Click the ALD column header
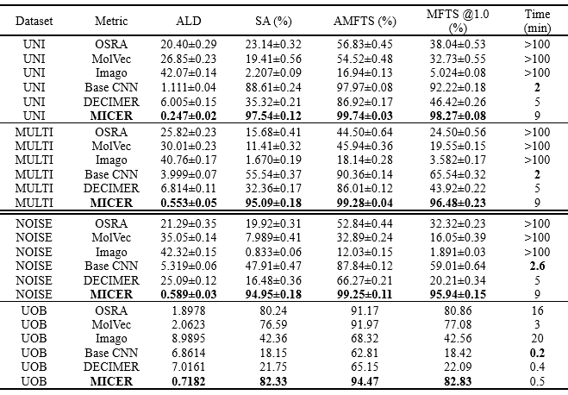click(x=189, y=21)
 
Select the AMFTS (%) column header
click(x=365, y=21)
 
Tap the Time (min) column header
click(x=537, y=21)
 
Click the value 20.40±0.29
click(x=189, y=44)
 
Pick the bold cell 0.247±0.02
click(x=189, y=116)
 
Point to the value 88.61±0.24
click(x=273, y=87)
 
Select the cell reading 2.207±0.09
click(x=273, y=72)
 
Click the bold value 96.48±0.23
click(x=458, y=203)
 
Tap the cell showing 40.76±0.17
click(x=189, y=160)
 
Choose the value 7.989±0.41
click(x=273, y=237)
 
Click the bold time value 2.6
click(x=537, y=266)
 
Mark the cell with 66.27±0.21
click(x=365, y=280)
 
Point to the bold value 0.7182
click(x=189, y=381)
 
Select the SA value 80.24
click(x=273, y=311)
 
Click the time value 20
click(x=537, y=338)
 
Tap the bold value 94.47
click(x=365, y=381)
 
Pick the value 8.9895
click(x=189, y=338)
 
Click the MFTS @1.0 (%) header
click(x=458, y=21)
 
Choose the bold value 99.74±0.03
click(x=365, y=116)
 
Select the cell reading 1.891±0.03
click(x=458, y=252)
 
